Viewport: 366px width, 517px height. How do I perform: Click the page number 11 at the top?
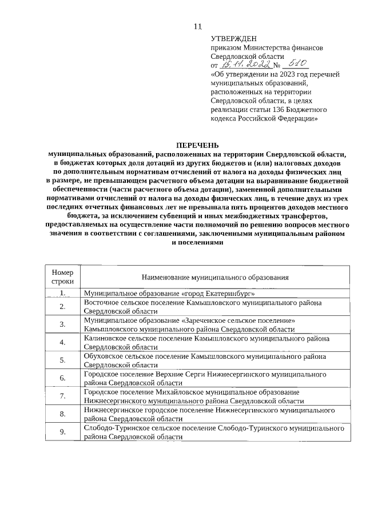(198, 26)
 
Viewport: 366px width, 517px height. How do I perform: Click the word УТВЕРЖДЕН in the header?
(234, 39)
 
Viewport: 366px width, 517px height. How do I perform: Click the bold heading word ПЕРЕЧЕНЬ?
(196, 146)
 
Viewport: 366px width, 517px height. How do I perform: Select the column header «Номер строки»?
(62, 277)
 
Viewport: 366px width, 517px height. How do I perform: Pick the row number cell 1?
(62, 294)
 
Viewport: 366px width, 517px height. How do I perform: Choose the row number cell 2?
(62, 307)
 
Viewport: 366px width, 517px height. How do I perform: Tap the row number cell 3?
(62, 324)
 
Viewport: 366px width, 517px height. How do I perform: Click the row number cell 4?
(62, 342)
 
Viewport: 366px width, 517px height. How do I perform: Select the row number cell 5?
(62, 360)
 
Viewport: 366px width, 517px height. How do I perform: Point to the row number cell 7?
(62, 396)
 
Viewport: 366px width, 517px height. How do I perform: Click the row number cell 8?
(62, 414)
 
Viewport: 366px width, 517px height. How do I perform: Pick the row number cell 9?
(62, 431)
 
